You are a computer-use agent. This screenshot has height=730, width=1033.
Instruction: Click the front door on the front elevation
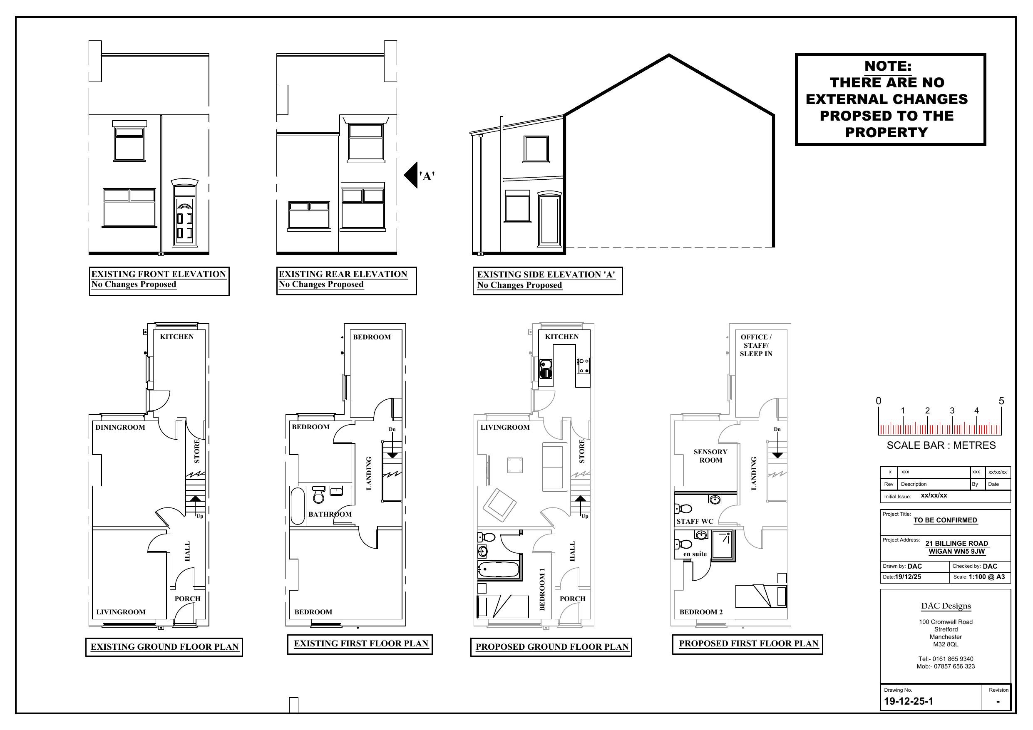185,221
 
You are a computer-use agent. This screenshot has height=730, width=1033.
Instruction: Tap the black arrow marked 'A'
411,175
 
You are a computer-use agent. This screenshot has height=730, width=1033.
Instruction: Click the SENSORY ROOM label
710,455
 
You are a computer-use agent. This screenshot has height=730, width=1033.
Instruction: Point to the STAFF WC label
695,521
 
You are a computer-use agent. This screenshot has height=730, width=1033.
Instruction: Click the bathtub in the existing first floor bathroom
298,506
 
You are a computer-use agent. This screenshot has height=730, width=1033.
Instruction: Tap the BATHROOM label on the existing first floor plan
330,514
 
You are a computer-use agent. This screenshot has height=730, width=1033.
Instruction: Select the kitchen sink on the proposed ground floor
545,369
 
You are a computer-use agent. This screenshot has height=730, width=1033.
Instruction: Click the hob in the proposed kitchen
584,365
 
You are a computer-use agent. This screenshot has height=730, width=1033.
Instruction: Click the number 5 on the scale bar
1001,401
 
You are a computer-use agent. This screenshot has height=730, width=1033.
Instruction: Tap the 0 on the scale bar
878,401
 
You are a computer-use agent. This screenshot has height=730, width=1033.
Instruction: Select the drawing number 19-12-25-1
909,701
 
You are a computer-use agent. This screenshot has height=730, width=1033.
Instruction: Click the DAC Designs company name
946,606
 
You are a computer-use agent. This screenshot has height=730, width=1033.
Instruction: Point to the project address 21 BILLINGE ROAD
956,543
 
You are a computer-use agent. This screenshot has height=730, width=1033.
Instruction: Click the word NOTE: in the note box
888,66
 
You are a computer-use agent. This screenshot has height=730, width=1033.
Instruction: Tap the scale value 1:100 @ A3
987,577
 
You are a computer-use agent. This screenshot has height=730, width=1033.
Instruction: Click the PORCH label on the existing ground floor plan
187,599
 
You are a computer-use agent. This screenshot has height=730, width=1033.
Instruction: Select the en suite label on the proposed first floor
695,554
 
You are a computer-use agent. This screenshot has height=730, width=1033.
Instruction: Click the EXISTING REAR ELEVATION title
343,274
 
